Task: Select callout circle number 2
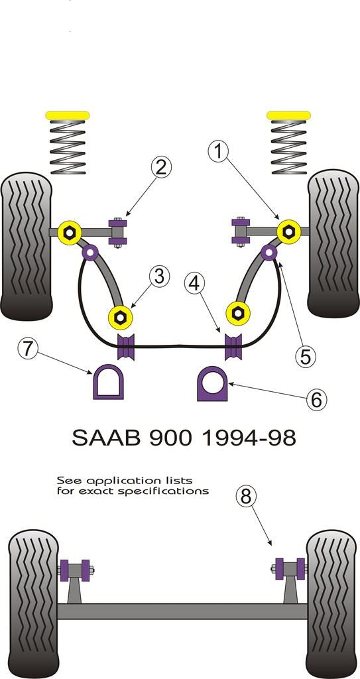pos(160,167)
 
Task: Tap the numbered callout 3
pos(159,275)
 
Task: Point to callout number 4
pos(194,284)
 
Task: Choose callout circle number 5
pos(305,356)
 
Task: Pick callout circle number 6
pos(316,399)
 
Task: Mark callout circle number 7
pos(27,348)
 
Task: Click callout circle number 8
pos(245,497)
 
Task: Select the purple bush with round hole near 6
pos(212,384)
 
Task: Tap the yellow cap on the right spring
pos(289,115)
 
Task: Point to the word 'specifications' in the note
pos(174,491)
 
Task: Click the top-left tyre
pos(27,245)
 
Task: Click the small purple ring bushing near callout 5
pos(269,252)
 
